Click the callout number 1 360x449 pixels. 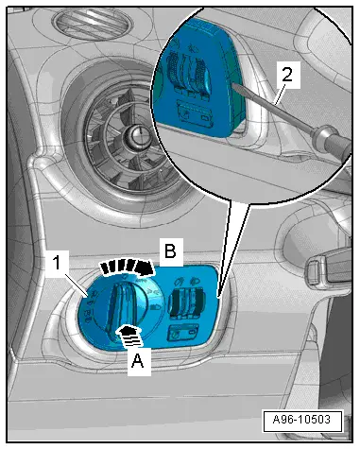pos(57,263)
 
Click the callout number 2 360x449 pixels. pos(287,75)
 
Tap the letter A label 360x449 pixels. pos(138,360)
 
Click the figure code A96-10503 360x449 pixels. pos(301,420)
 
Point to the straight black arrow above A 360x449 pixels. pos(129,336)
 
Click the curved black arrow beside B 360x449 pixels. pos(127,267)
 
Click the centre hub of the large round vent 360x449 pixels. pos(138,134)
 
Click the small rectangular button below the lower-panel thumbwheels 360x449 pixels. pos(183,333)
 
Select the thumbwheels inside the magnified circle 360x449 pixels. pos(188,73)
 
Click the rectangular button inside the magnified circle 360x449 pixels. pos(196,113)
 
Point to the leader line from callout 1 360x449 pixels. pos(76,283)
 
